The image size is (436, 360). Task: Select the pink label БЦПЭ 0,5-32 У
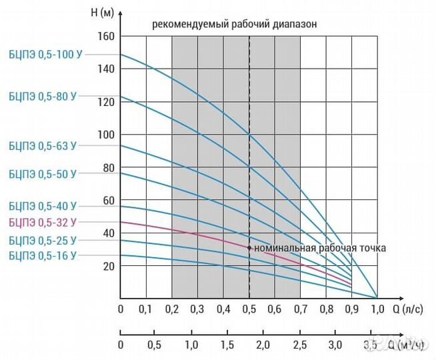(x=43, y=223)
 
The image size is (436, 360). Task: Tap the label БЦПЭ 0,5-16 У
(x=43, y=255)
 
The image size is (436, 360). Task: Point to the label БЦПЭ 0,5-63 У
(x=43, y=145)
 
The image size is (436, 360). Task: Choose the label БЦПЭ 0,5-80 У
(x=43, y=96)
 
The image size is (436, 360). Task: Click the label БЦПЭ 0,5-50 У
(x=43, y=174)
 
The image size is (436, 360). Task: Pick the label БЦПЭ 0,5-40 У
(x=43, y=206)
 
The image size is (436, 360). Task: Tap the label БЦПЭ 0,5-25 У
(x=43, y=239)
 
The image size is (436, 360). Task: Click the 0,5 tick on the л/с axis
(x=249, y=309)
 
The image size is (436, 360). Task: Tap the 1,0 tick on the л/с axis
(x=377, y=309)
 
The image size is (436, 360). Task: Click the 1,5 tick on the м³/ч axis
(x=228, y=345)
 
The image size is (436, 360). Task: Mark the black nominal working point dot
(x=249, y=247)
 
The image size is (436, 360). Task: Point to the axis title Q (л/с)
(x=407, y=309)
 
